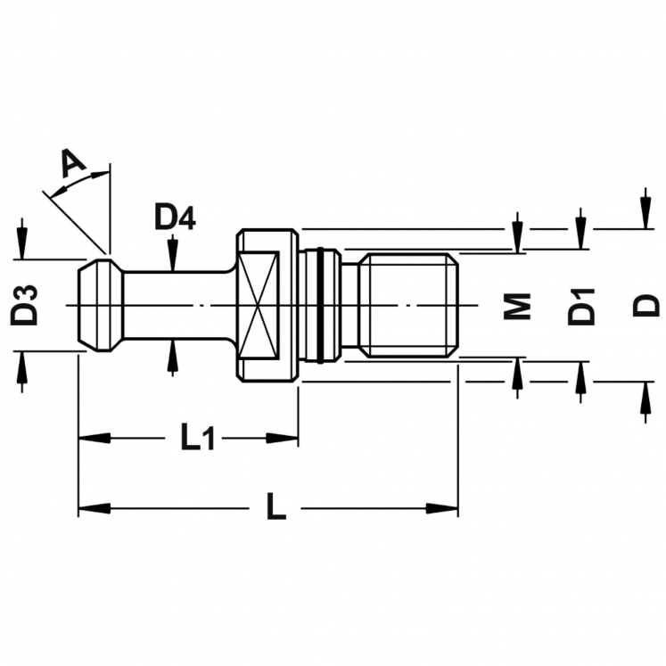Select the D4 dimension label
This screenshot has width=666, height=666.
(x=175, y=217)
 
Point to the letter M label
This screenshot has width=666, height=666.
(x=517, y=305)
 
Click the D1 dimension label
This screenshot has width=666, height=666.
(x=581, y=305)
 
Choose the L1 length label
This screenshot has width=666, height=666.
(x=197, y=438)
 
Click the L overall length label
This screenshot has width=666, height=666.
(x=276, y=508)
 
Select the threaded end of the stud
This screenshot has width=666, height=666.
(x=409, y=305)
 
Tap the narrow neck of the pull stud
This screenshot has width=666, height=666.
(x=174, y=305)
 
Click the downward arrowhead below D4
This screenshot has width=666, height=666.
(x=172, y=261)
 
